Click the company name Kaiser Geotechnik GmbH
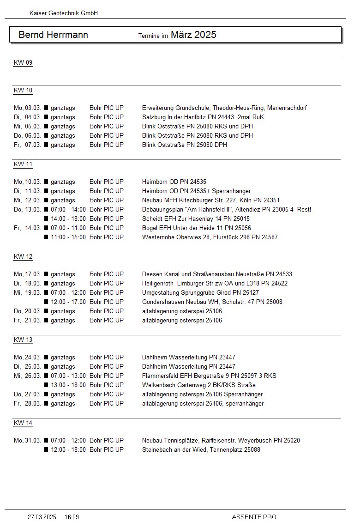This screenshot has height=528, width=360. [x=64, y=13]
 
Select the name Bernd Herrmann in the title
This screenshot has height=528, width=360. [x=53, y=35]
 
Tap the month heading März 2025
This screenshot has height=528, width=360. [x=193, y=35]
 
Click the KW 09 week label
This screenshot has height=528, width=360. [x=23, y=63]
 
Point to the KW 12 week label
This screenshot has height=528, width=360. [x=23, y=257]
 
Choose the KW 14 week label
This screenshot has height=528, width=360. [x=23, y=423]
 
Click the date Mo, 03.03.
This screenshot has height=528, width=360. [x=28, y=108]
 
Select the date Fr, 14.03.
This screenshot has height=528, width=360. [x=28, y=228]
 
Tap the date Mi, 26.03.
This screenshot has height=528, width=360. [x=28, y=376]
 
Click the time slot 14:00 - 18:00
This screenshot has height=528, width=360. [x=68, y=219]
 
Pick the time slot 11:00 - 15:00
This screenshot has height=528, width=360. [x=68, y=237]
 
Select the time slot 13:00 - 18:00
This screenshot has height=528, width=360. [x=68, y=385]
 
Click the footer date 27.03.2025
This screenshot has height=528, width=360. [x=42, y=517]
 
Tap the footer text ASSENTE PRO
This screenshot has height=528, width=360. [x=254, y=517]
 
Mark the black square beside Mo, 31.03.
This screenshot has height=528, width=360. [x=46, y=441]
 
